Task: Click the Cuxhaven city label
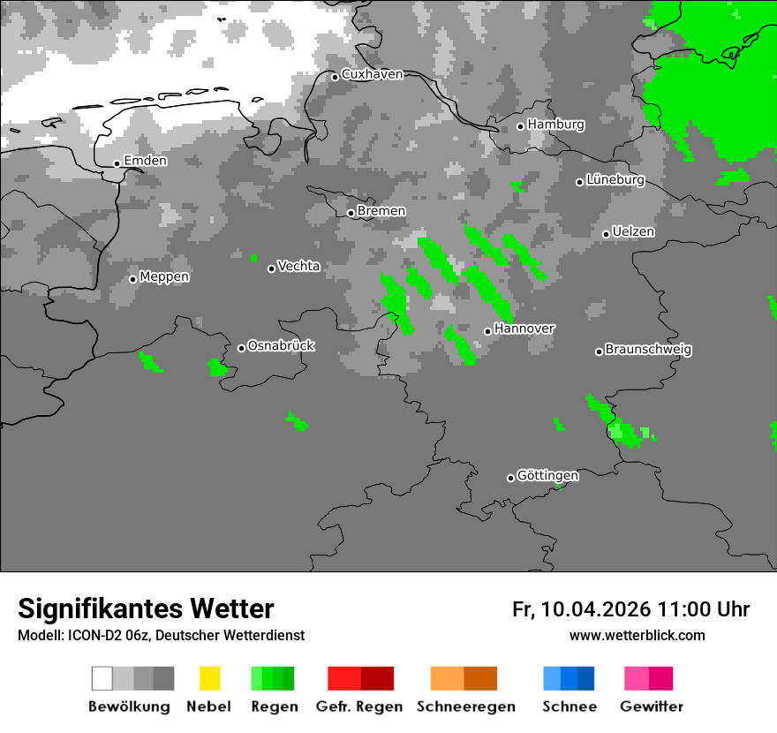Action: [372, 75]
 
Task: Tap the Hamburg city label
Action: [555, 125]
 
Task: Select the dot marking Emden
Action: [117, 163]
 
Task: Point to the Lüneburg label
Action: [615, 180]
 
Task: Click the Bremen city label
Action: [381, 211]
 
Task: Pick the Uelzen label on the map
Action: [633, 232]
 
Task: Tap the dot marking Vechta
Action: [272, 268]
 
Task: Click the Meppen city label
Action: [164, 277]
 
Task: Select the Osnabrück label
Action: [281, 346]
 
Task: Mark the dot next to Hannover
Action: [487, 331]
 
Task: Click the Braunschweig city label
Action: [648, 350]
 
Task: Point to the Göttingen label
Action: [547, 476]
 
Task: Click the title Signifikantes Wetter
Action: [146, 608]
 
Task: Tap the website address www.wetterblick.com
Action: [637, 635]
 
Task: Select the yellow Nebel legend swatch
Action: [209, 678]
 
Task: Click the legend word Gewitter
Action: [651, 707]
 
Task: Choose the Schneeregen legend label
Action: [465, 707]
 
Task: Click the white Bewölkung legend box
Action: [102, 678]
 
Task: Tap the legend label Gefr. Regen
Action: [358, 707]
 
